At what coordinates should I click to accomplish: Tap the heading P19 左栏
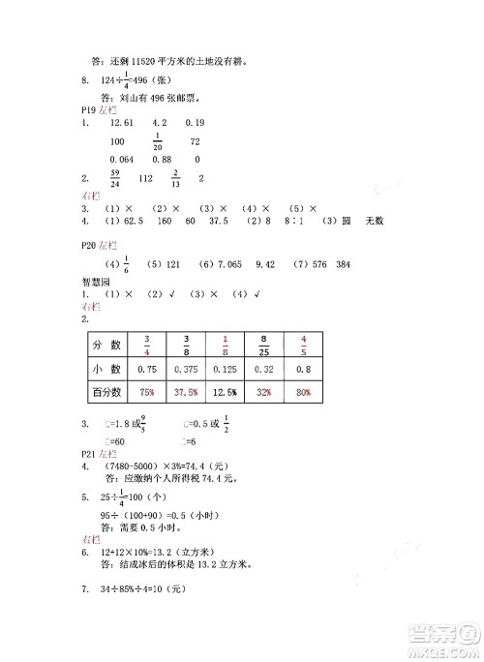(x=98, y=109)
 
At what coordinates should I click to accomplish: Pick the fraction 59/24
(x=116, y=178)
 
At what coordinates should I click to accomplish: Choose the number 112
(x=147, y=178)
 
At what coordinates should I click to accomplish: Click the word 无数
(x=375, y=221)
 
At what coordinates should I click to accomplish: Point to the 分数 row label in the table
(x=106, y=345)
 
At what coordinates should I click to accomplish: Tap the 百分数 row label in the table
(x=106, y=392)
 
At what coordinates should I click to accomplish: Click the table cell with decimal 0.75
(x=148, y=369)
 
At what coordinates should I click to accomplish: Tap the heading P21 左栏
(x=98, y=453)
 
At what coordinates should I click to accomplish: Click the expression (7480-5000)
(x=137, y=466)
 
